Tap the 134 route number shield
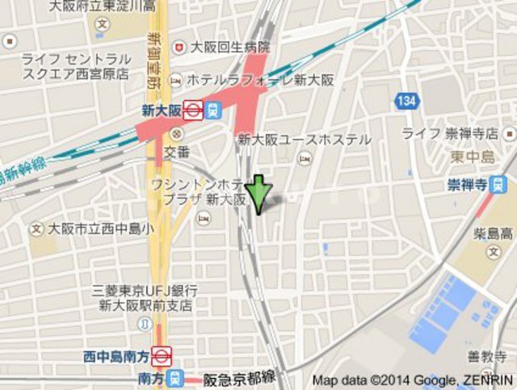pos(407,100)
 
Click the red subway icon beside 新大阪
pos(193,110)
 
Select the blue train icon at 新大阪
pos(212,110)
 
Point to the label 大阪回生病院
pos(230,47)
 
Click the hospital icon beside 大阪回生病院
pos(179,47)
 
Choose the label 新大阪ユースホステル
pos(304,140)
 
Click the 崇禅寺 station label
pos(466,185)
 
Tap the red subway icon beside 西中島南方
pos(162,354)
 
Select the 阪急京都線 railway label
pos(240,377)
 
